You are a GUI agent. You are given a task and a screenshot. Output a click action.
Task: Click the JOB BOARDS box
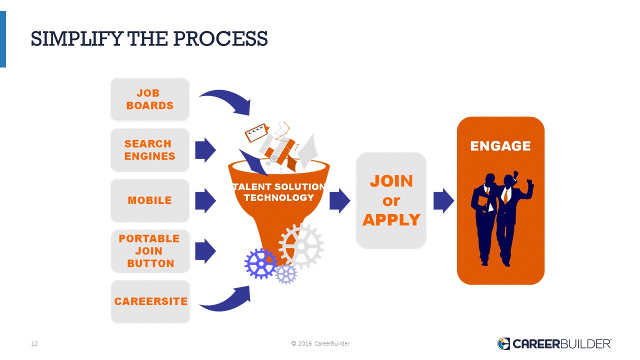point(150,99)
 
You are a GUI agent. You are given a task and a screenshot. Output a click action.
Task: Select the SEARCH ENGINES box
point(150,150)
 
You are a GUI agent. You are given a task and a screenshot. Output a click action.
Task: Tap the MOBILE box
point(150,200)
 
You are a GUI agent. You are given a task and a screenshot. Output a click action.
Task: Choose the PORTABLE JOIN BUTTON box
point(150,251)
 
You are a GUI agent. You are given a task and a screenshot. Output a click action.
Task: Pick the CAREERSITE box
point(150,301)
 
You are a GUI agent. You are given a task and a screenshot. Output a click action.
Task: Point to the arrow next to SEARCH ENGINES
point(205,150)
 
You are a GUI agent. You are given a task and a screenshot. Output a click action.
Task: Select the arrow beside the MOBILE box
point(205,200)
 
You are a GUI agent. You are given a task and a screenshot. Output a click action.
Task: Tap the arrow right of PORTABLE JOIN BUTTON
point(205,251)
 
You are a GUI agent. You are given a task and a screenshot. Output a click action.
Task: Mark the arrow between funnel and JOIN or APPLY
point(339,200)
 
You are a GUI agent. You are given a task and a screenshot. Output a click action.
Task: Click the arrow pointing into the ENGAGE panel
point(443,200)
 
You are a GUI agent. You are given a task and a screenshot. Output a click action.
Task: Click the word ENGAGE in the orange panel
point(500,146)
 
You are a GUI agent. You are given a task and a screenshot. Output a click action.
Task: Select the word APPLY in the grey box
point(391,220)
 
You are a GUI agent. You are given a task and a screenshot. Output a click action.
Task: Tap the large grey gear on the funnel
point(301,246)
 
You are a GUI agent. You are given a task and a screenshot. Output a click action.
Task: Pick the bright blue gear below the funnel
point(261,263)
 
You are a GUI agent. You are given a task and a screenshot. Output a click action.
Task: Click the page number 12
point(34,343)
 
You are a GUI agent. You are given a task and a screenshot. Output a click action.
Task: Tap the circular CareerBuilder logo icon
point(503,343)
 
